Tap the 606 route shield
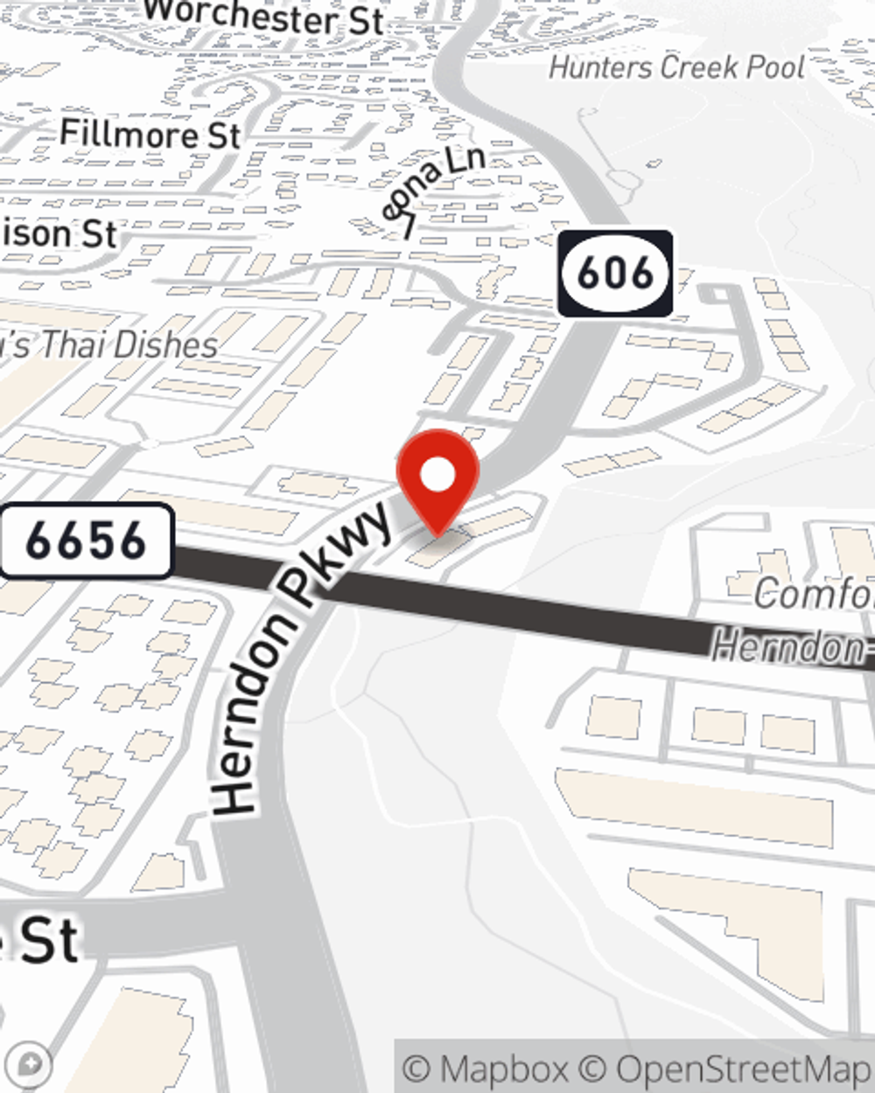615,273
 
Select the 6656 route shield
87,540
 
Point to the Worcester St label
263,17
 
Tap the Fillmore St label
150,135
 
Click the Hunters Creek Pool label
676,67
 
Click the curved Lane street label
432,189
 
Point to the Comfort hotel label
814,595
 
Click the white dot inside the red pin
437,476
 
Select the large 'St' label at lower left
48,940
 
